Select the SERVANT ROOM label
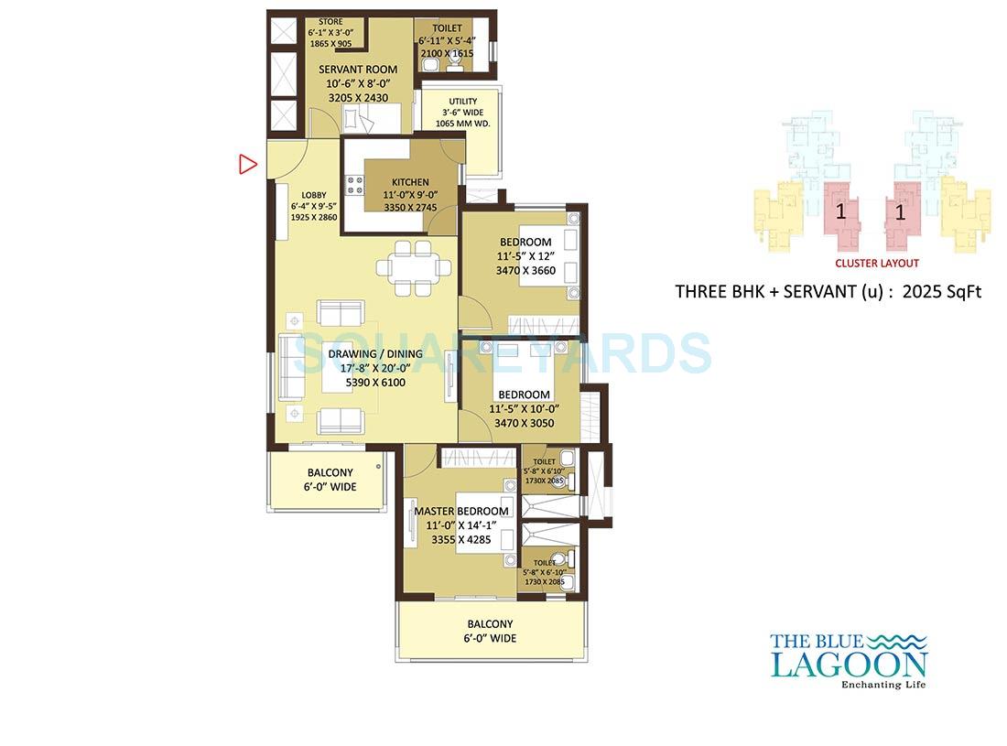point(358,70)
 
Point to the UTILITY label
point(463,102)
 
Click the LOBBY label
point(314,195)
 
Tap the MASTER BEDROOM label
point(460,511)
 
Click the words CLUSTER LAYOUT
point(876,263)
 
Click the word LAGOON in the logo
point(849,664)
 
